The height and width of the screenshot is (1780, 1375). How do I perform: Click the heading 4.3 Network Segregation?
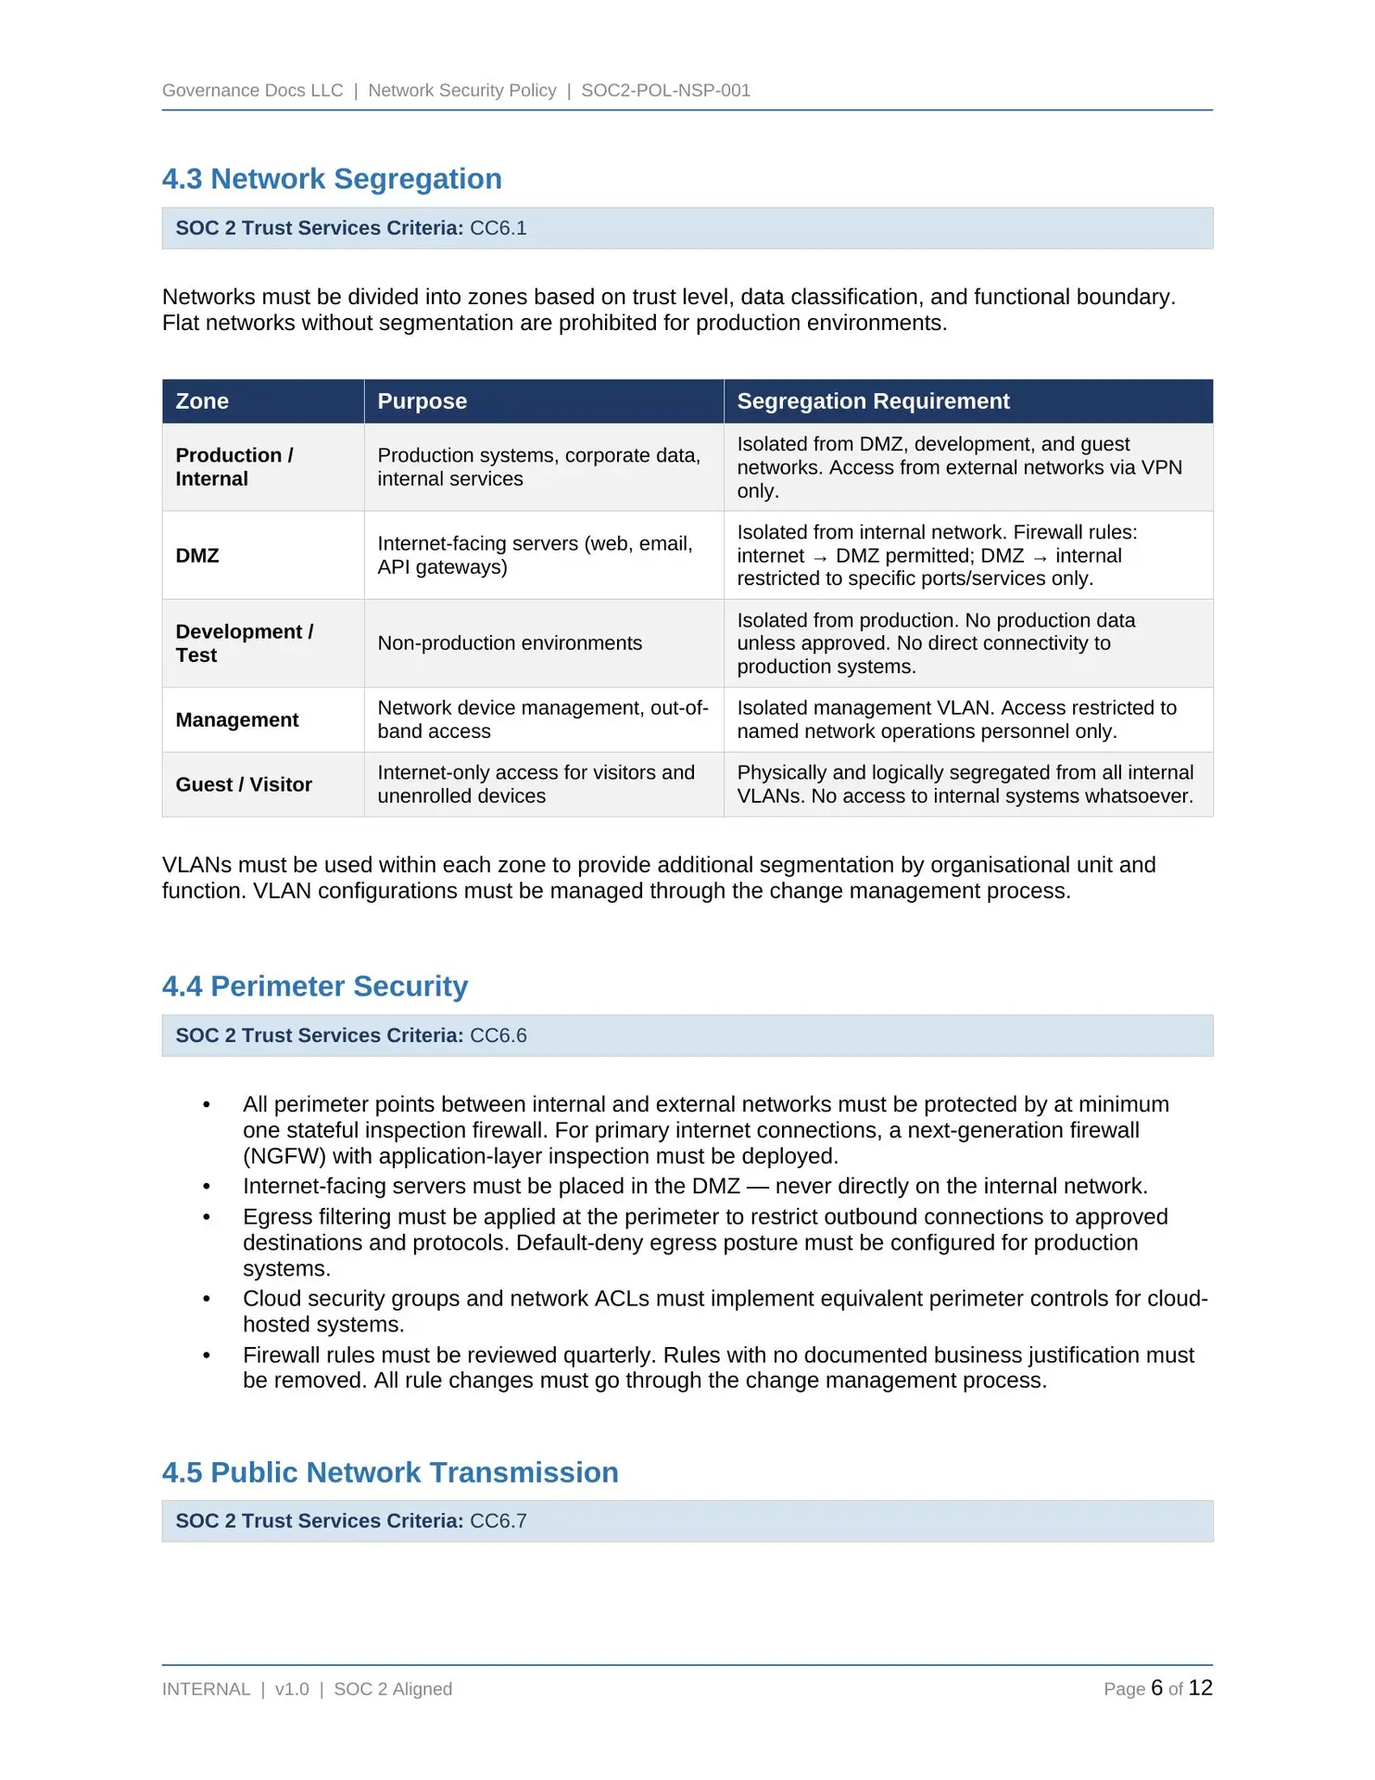(x=332, y=179)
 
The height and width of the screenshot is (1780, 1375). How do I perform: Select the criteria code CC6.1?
(x=498, y=228)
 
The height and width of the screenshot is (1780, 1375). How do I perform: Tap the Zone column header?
(x=202, y=401)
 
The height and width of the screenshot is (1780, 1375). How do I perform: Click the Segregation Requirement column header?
(x=873, y=401)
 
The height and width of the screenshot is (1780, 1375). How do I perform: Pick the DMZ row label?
(x=197, y=555)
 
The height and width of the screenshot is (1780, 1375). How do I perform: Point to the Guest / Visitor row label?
(x=244, y=784)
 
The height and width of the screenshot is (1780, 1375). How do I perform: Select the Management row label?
(x=237, y=719)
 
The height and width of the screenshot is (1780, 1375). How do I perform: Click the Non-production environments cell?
(x=510, y=643)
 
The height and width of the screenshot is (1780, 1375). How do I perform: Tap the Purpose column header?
(x=422, y=401)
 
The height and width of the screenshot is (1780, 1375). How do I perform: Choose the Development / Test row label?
(x=245, y=643)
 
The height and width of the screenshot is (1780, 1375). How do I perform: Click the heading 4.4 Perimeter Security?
(x=315, y=986)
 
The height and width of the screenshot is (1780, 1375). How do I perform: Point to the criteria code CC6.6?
(x=498, y=1036)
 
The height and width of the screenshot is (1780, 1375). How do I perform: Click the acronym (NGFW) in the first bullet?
(x=284, y=1156)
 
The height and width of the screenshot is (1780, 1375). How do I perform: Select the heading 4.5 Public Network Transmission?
(x=390, y=1472)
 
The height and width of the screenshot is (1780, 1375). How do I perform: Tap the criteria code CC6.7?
(x=498, y=1521)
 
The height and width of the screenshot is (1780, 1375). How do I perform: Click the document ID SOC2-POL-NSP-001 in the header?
(x=665, y=91)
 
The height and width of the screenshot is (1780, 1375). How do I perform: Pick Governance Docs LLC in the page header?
(x=252, y=91)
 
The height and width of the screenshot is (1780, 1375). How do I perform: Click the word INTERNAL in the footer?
(x=206, y=1689)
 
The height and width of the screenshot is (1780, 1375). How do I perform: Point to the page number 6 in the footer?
(x=1156, y=1688)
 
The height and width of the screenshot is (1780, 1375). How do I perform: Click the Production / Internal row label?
(x=234, y=467)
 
